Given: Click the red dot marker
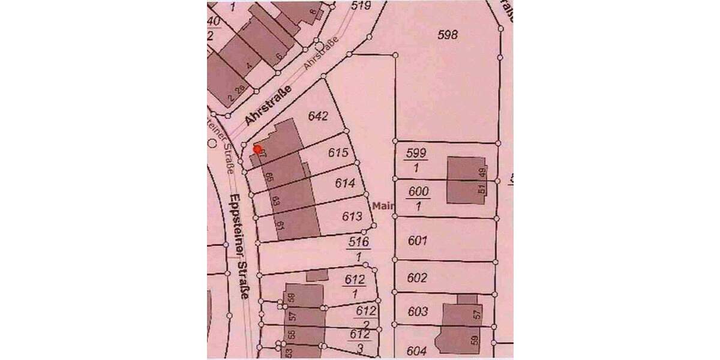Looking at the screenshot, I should click(x=257, y=149).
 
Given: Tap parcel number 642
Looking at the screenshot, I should click(x=317, y=116).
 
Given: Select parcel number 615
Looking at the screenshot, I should click(x=338, y=153).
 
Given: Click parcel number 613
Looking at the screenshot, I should click(x=352, y=216).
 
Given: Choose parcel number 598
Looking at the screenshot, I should click(x=448, y=35).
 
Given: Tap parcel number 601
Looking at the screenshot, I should click(x=416, y=241).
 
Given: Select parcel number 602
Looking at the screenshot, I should click(x=416, y=278).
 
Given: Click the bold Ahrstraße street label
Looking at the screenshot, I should click(x=268, y=106).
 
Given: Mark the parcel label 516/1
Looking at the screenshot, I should click(x=359, y=249).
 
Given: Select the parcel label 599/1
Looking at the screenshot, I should click(x=416, y=160).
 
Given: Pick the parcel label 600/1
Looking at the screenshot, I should click(x=418, y=199).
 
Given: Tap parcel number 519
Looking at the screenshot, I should click(x=361, y=5).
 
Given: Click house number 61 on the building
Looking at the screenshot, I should click(x=279, y=225).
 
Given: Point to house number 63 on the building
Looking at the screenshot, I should click(x=275, y=200).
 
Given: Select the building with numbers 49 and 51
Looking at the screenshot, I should click(x=465, y=180).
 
